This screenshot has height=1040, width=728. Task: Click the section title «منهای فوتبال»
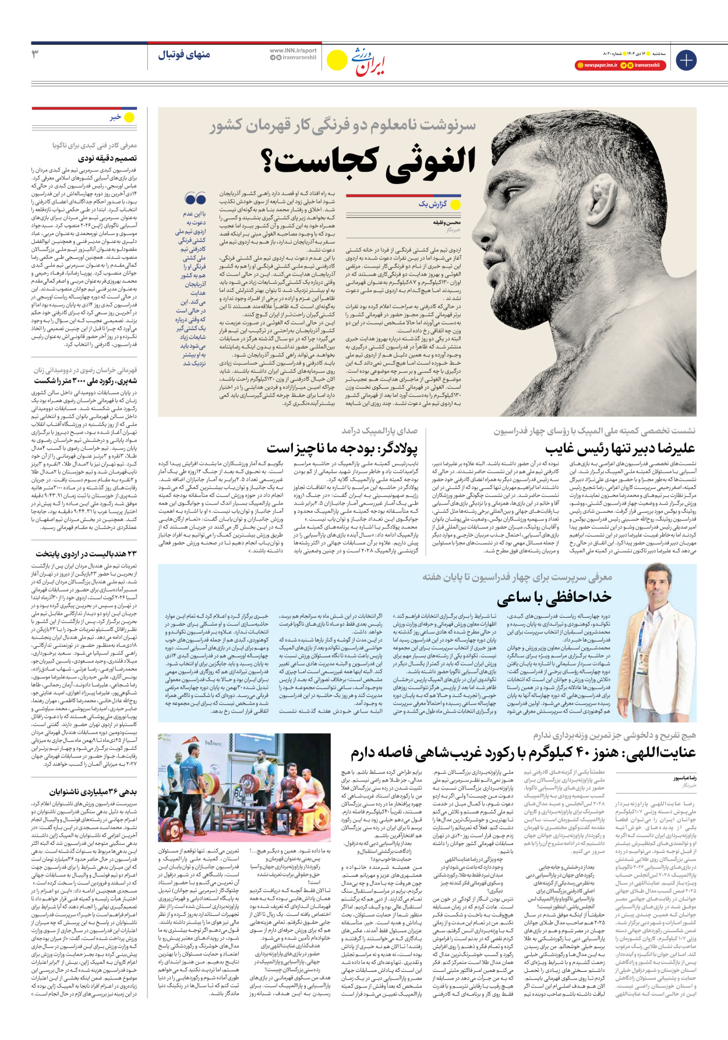183,55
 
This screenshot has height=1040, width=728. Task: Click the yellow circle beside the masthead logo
337,60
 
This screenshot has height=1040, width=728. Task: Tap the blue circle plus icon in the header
686,60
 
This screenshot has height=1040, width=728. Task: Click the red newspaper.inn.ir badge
596,65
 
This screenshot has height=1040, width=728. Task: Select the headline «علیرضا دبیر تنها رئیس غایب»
620,448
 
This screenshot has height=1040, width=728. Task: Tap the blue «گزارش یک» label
432,204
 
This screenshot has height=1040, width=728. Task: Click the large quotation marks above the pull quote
196,199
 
